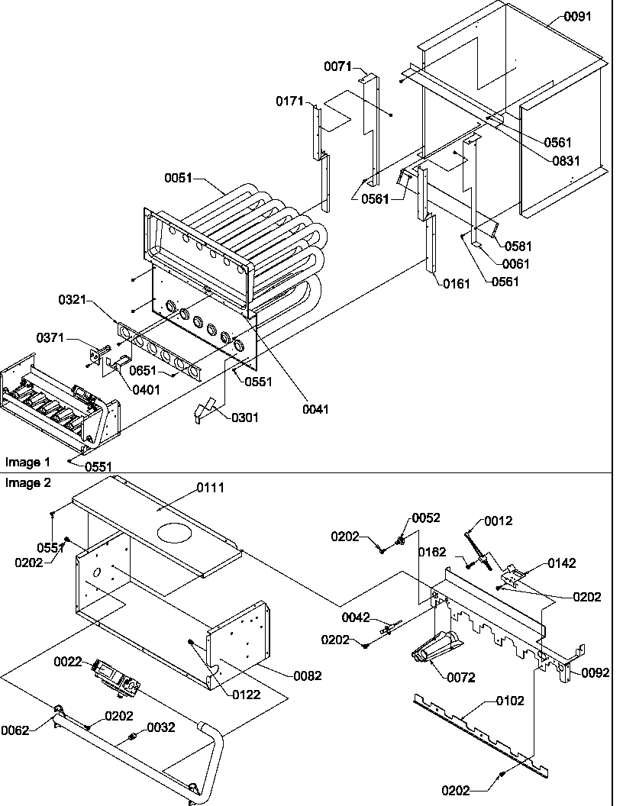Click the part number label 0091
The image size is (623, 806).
[x=578, y=16]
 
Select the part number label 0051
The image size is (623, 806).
[x=179, y=179]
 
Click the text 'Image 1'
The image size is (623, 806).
[x=27, y=462]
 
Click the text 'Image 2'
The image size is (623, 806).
[x=27, y=483]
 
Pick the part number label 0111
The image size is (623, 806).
[x=211, y=488]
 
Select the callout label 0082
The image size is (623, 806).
[x=308, y=675]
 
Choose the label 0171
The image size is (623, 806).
[x=290, y=102]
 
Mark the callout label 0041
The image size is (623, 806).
[x=315, y=409]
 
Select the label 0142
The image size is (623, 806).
[x=561, y=563]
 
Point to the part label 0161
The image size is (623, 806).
[x=457, y=284]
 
